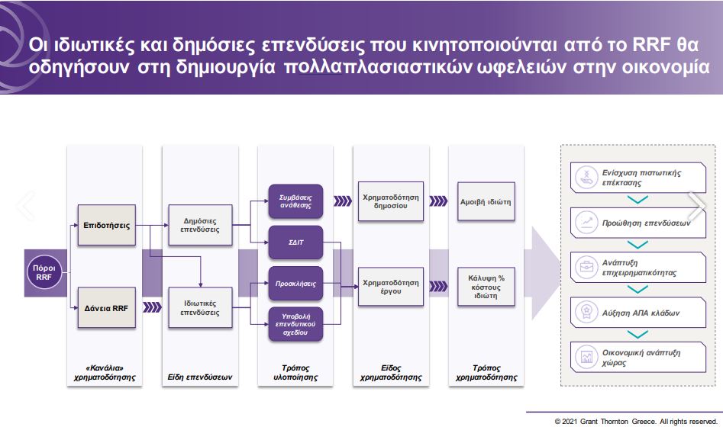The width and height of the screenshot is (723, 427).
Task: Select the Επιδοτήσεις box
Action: click(x=105, y=226)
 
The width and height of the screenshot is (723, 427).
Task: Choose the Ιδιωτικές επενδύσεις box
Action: click(x=201, y=307)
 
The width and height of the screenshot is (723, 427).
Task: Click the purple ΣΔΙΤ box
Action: click(x=295, y=243)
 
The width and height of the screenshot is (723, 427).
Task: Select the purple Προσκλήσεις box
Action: click(x=295, y=283)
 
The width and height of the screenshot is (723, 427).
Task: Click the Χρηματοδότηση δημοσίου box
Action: click(x=390, y=201)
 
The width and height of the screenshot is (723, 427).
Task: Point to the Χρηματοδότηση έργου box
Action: click(x=390, y=287)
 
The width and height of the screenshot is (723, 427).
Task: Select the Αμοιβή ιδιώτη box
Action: click(x=486, y=202)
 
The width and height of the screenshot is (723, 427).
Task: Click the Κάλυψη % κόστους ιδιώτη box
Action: click(x=486, y=286)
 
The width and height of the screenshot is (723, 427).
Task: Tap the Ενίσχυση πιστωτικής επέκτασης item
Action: click(x=637, y=178)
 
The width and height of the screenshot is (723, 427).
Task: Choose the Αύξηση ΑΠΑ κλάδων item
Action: click(x=637, y=313)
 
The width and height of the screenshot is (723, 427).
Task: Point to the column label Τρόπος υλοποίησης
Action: click(x=295, y=372)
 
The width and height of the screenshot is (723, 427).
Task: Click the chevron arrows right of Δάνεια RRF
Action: click(x=153, y=307)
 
